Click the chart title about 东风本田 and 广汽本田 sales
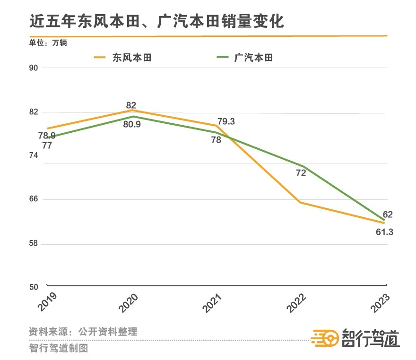click(156, 21)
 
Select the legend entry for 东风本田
click(123, 58)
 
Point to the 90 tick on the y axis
click(34, 68)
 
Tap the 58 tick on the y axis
click(34, 244)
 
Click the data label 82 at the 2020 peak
click(131, 105)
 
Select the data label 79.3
click(226, 121)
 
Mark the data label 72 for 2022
click(301, 173)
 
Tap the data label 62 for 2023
click(388, 214)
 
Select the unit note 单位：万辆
click(48, 43)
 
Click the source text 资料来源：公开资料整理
click(83, 331)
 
